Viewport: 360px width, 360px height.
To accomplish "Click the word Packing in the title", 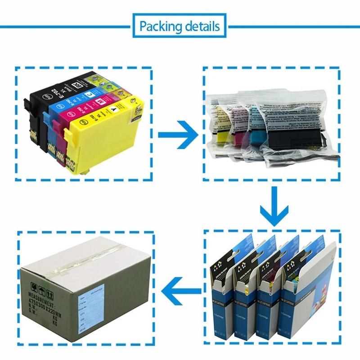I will click(159, 26).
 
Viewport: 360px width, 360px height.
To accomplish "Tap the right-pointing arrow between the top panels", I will click(177, 135).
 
